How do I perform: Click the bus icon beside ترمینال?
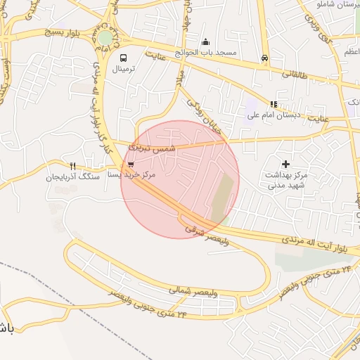tap(124, 58)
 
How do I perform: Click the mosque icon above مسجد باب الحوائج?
tap(205, 42)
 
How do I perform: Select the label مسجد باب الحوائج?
tap(207, 53)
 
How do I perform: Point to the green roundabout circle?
tap(105, 37)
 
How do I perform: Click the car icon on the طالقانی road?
tap(264, 58)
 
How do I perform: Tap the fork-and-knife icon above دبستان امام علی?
tap(274, 104)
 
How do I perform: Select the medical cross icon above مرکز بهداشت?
tap(285, 164)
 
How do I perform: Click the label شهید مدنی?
tap(283, 186)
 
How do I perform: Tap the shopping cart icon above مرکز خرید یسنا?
tap(131, 165)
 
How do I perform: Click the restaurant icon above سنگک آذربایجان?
tap(73, 167)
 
